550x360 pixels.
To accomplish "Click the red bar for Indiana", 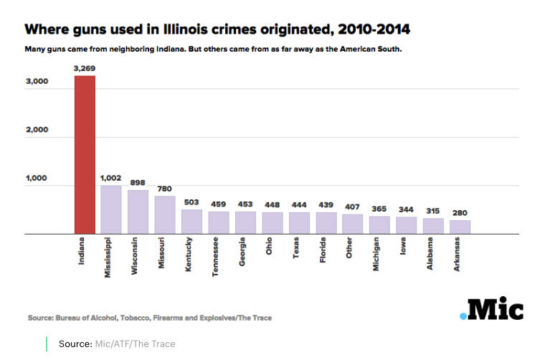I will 85,154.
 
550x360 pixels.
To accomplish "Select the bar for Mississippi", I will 111,209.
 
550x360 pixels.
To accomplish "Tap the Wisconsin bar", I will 138,212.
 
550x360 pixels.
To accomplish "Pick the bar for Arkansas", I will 460,227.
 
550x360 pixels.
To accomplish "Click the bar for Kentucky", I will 191,221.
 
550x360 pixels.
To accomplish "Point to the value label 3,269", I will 85,68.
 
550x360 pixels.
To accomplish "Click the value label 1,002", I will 111,178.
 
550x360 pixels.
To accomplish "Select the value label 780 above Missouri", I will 165,189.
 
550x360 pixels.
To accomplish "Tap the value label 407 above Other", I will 352,207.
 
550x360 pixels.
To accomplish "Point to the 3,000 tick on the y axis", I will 37,82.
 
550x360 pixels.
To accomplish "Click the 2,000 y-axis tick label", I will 37,130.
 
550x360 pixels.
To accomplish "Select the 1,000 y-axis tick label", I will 37,178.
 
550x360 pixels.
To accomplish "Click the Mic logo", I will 491,310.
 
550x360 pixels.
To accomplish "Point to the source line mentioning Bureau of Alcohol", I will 149,317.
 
